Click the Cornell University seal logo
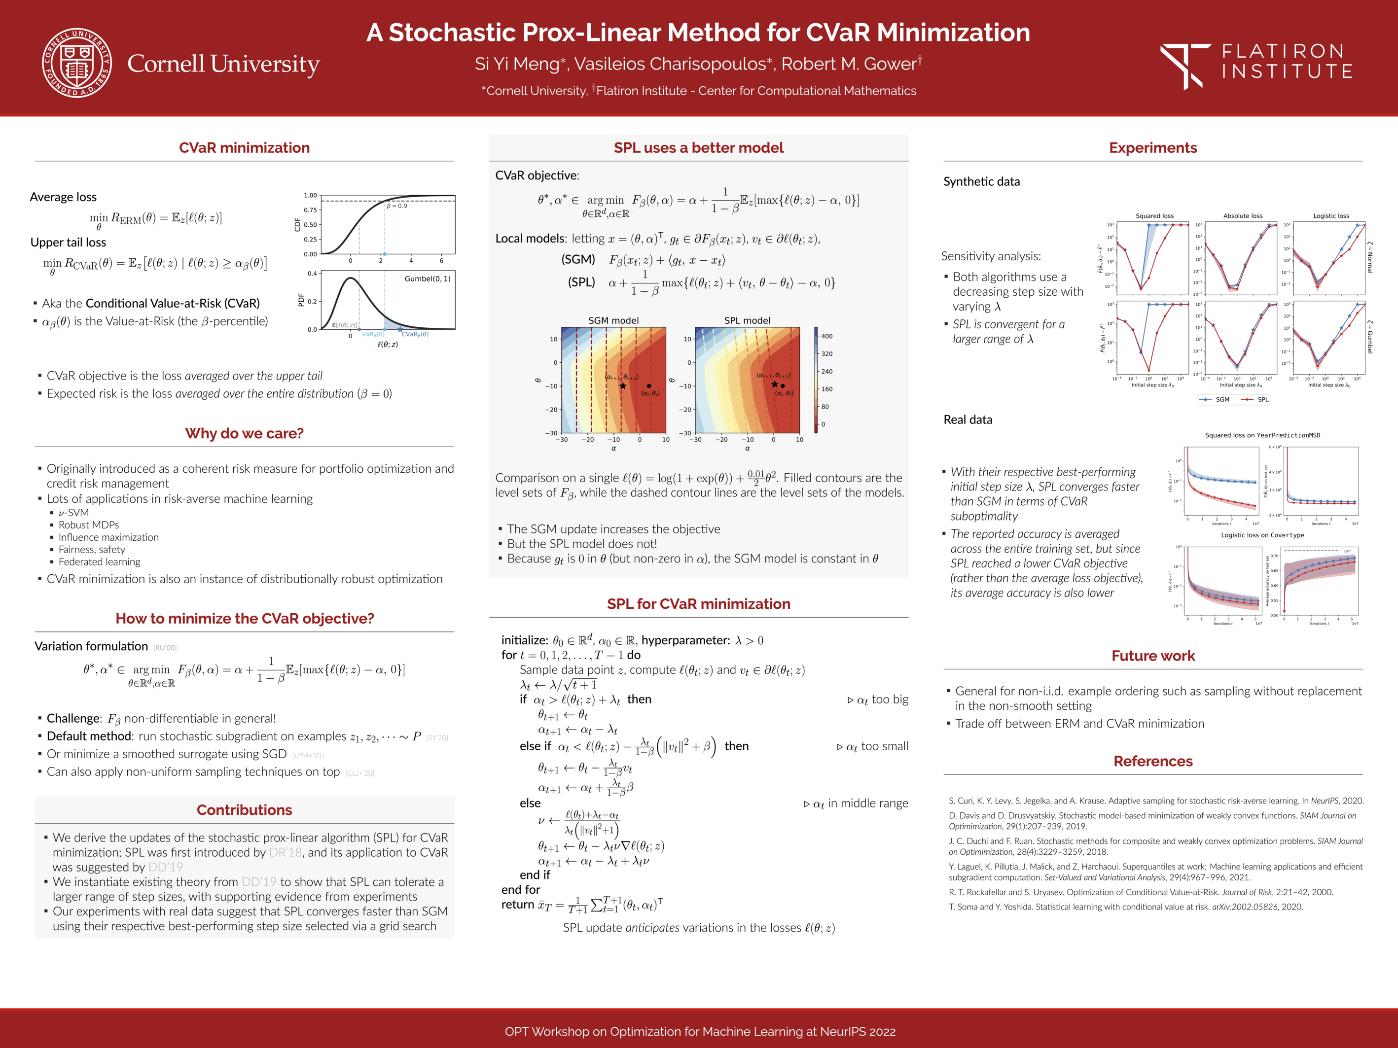[76, 63]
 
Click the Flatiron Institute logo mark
[1184, 65]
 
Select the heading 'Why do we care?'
[244, 433]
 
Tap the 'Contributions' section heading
[244, 810]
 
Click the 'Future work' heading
[1153, 656]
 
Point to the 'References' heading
[1153, 761]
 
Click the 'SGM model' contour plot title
[613, 320]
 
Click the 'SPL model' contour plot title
[747, 320]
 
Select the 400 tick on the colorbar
[826, 336]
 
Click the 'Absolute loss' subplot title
[1243, 216]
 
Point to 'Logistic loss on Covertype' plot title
[1262, 535]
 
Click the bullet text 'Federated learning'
[99, 561]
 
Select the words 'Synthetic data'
[981, 182]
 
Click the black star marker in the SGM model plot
[622, 386]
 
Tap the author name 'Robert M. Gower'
[848, 64]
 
